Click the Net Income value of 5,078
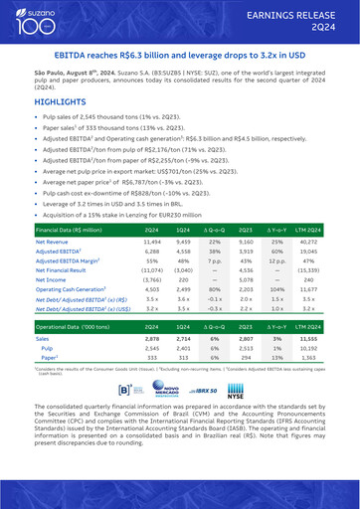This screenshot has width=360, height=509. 249,307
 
